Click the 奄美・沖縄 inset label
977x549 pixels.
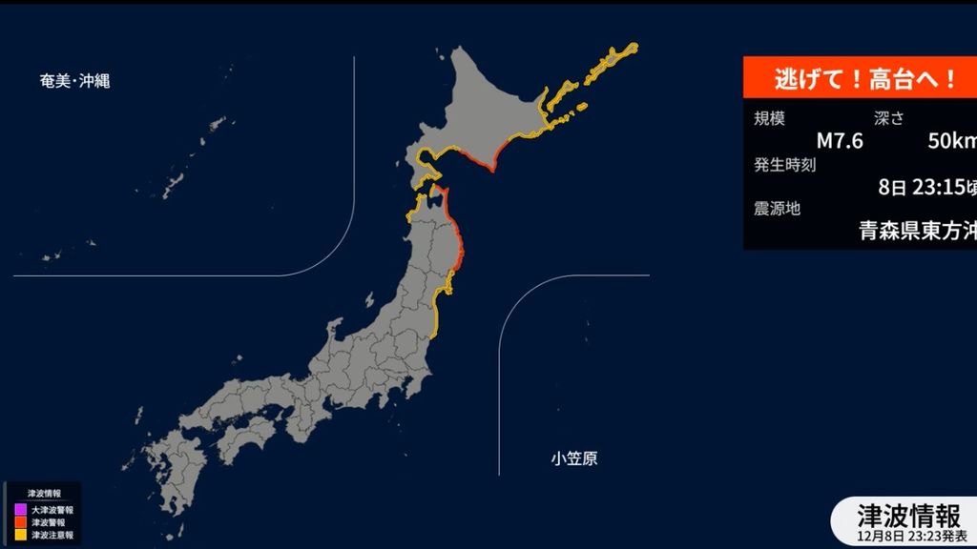click(74, 81)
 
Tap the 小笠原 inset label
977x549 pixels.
click(574, 459)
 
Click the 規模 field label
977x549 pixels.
click(770, 119)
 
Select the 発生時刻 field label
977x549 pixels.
click(784, 164)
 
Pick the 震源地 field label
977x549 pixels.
click(777, 209)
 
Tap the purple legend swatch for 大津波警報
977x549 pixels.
click(21, 510)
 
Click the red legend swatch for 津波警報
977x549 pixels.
click(21, 522)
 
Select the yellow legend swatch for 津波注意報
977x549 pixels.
click(21, 535)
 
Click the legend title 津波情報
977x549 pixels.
click(43, 494)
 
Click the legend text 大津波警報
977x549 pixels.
click(52, 510)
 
